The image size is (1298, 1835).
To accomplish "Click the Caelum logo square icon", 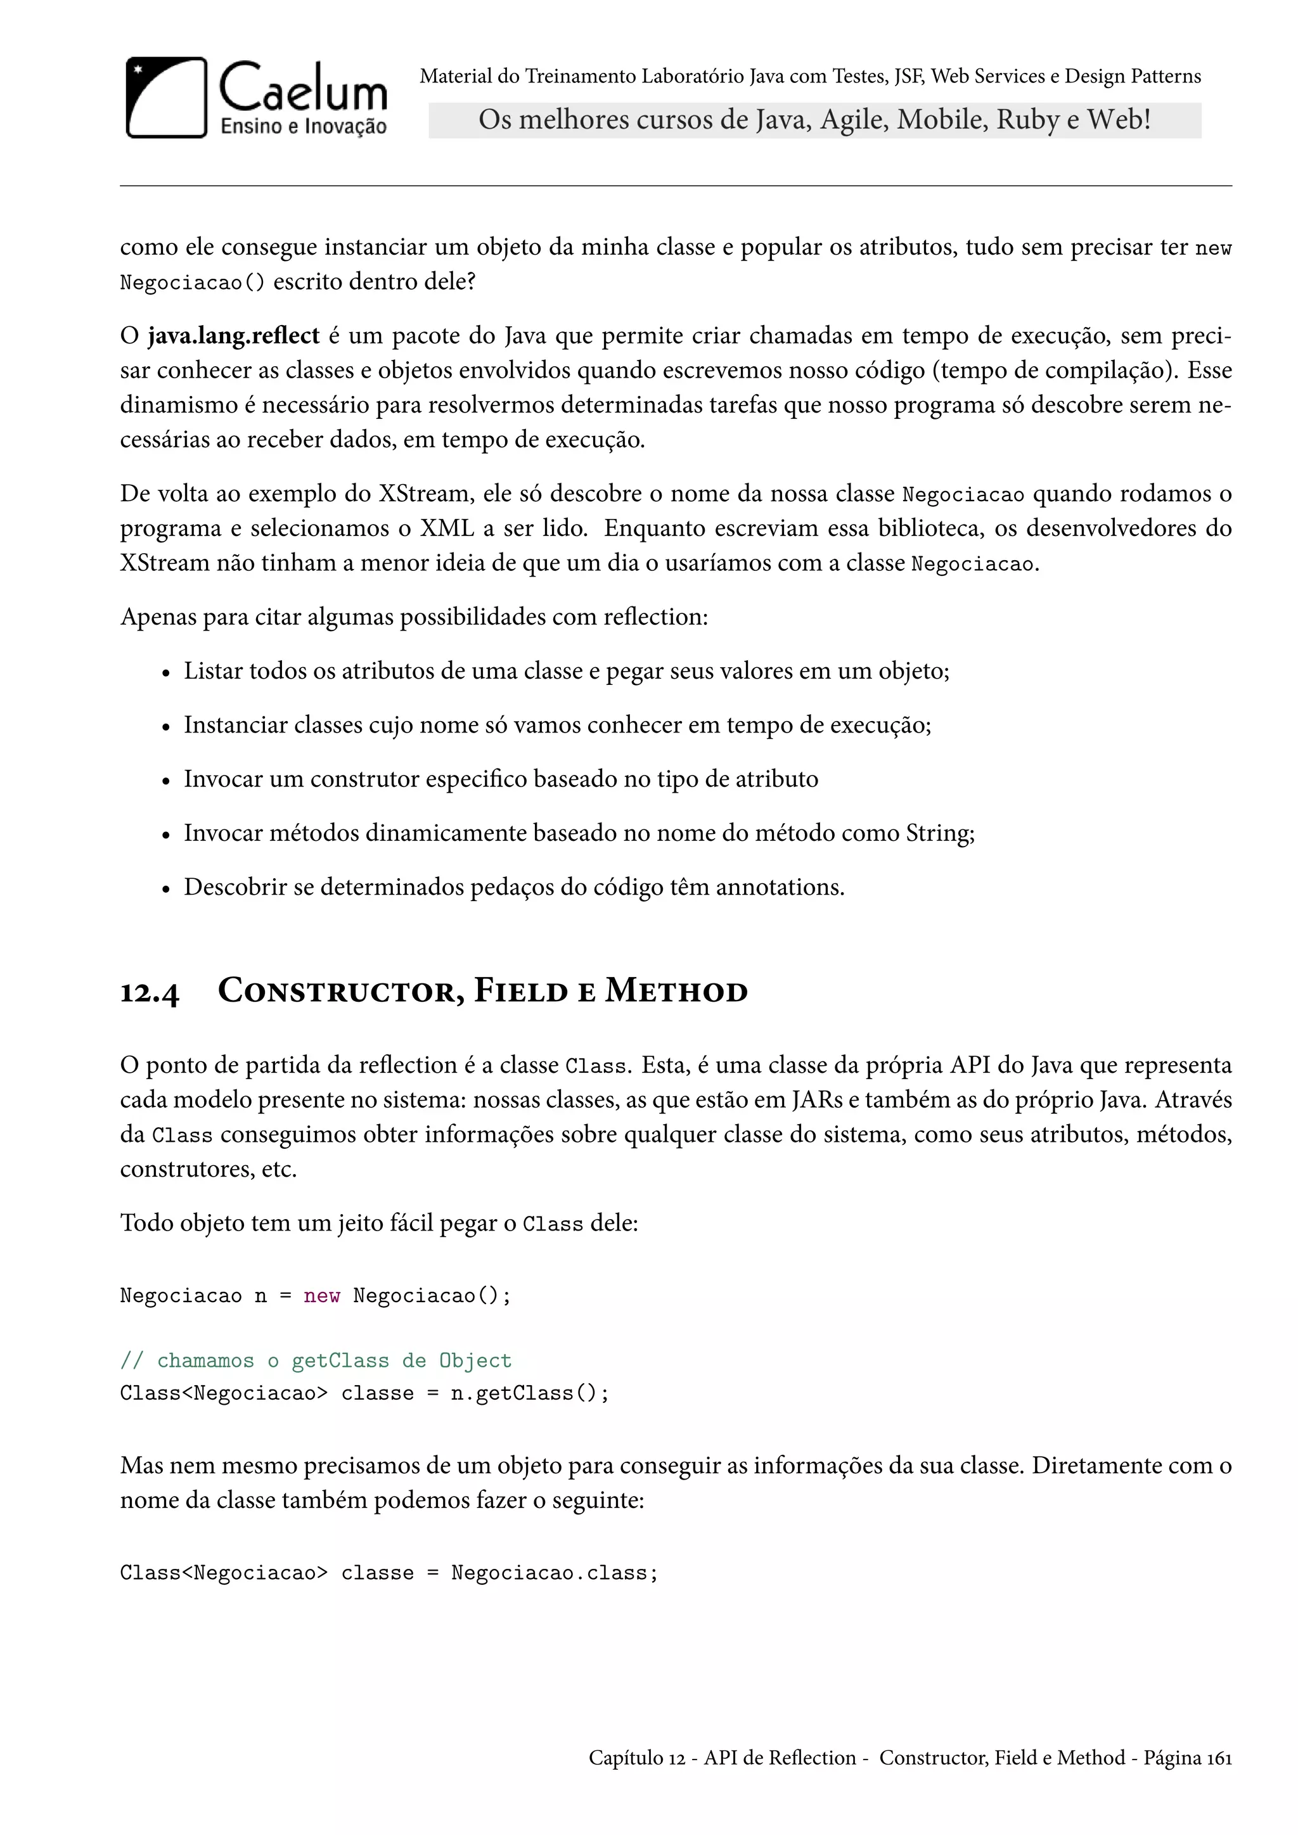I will (x=166, y=98).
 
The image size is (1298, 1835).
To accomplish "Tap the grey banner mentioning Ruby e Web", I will (x=814, y=120).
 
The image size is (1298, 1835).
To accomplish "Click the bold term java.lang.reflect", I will (x=233, y=336).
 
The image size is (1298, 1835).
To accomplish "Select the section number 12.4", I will (x=150, y=993).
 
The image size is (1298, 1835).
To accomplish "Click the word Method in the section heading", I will (x=676, y=991).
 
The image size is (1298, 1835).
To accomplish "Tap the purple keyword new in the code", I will (x=321, y=1296).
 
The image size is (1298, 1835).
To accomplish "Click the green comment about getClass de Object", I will (x=315, y=1360).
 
